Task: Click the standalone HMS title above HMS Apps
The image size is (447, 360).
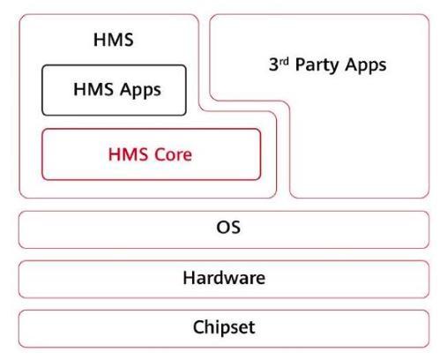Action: tap(114, 40)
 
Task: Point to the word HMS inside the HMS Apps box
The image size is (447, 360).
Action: tap(93, 89)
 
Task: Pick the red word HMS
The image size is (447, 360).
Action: tap(128, 154)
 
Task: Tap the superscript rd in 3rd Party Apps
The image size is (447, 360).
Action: tap(284, 61)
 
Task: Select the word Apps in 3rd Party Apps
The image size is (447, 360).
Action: tap(366, 65)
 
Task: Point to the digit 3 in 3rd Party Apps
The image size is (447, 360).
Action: tap(273, 64)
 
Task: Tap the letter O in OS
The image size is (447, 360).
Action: tap(223, 228)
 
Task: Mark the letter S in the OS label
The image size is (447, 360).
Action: tap(235, 228)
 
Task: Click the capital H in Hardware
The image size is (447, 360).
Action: tap(189, 278)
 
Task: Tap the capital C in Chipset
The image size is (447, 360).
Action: tap(198, 327)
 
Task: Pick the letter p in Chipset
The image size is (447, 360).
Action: tap(226, 330)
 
